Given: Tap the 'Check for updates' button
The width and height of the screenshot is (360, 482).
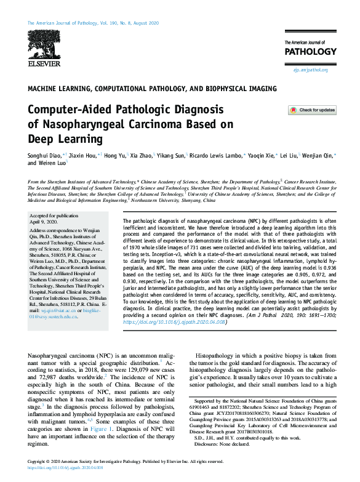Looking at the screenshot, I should coord(312,110).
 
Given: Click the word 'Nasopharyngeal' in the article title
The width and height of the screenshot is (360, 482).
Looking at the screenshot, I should coord(81,124).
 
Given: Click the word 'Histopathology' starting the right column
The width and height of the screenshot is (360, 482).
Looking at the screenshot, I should coord(215,373).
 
